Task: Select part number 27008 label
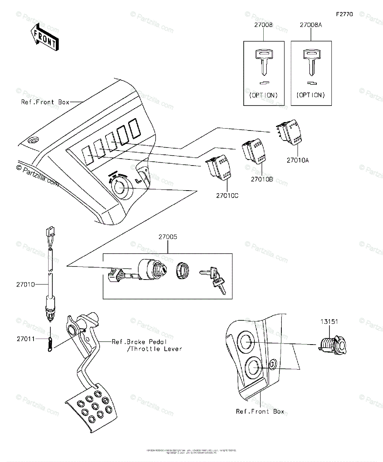point(263,26)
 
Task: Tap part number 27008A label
point(311,26)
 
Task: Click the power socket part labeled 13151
point(333,343)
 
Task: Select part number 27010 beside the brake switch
point(25,285)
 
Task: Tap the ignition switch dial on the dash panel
point(120,188)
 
